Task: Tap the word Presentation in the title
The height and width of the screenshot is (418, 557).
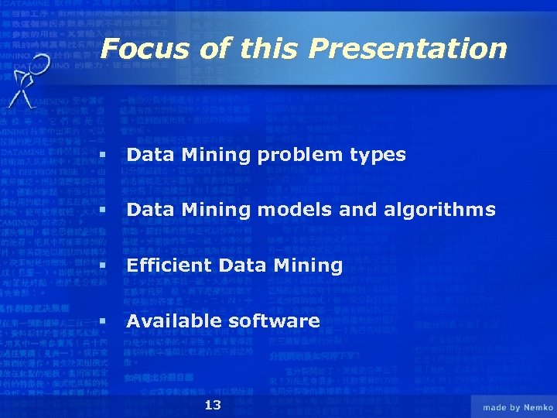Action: pos(408,49)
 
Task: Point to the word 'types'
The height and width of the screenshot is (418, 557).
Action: pos(378,156)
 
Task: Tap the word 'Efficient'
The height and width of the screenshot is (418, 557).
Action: pos(169,266)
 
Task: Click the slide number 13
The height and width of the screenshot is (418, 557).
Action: pos(213,406)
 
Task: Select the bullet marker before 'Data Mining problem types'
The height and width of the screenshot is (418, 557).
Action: pos(101,156)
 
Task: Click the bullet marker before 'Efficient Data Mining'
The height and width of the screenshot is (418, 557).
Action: pos(101,266)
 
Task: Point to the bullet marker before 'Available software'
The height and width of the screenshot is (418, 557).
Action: pos(101,320)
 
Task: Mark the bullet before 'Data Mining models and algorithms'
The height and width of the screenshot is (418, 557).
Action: pos(101,211)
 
